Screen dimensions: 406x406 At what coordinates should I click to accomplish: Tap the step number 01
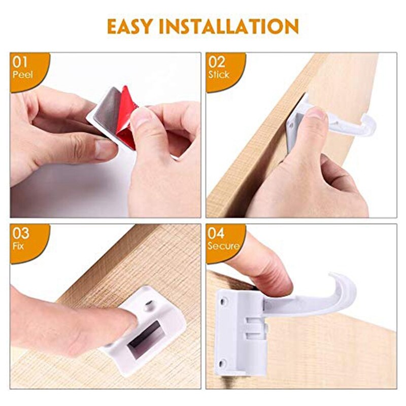[21, 63]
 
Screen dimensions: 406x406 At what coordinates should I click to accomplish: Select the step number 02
[217, 63]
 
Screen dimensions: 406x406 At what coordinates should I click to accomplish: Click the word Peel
[22, 74]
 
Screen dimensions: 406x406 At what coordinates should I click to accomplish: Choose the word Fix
[18, 246]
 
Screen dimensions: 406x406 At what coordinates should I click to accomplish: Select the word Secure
[223, 246]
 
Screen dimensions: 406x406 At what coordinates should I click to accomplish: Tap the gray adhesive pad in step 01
[107, 109]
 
